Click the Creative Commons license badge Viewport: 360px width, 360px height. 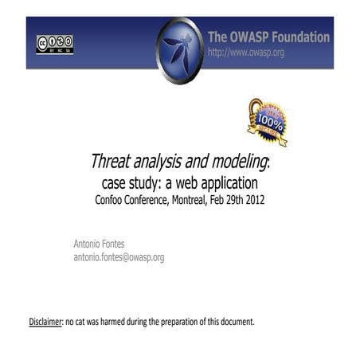pos(54,44)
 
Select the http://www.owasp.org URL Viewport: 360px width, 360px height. pos(245,53)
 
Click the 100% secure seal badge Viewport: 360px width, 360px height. pos(268,121)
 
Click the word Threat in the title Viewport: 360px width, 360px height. pos(111,162)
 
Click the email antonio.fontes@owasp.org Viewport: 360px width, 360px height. pos(119,257)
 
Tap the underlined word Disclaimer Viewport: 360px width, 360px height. pos(45,322)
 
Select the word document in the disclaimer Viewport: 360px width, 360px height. pos(234,322)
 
